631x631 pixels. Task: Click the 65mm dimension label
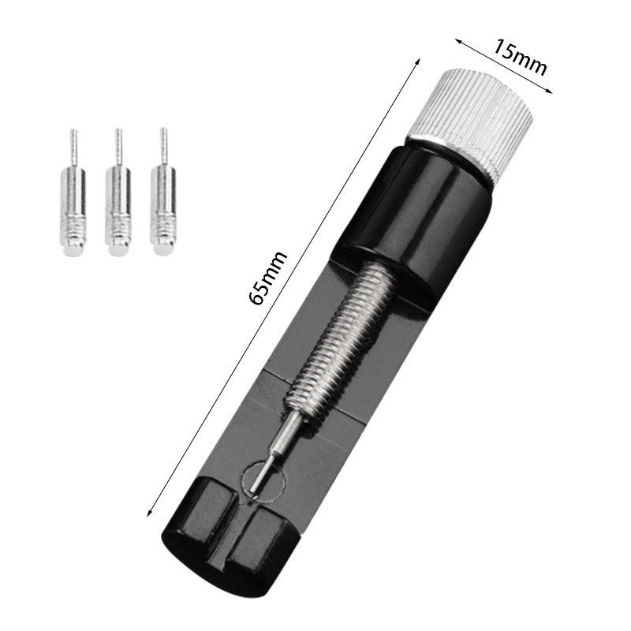266,276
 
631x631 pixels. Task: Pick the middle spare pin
118,197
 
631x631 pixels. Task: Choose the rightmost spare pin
164,197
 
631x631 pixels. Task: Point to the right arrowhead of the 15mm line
551,91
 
